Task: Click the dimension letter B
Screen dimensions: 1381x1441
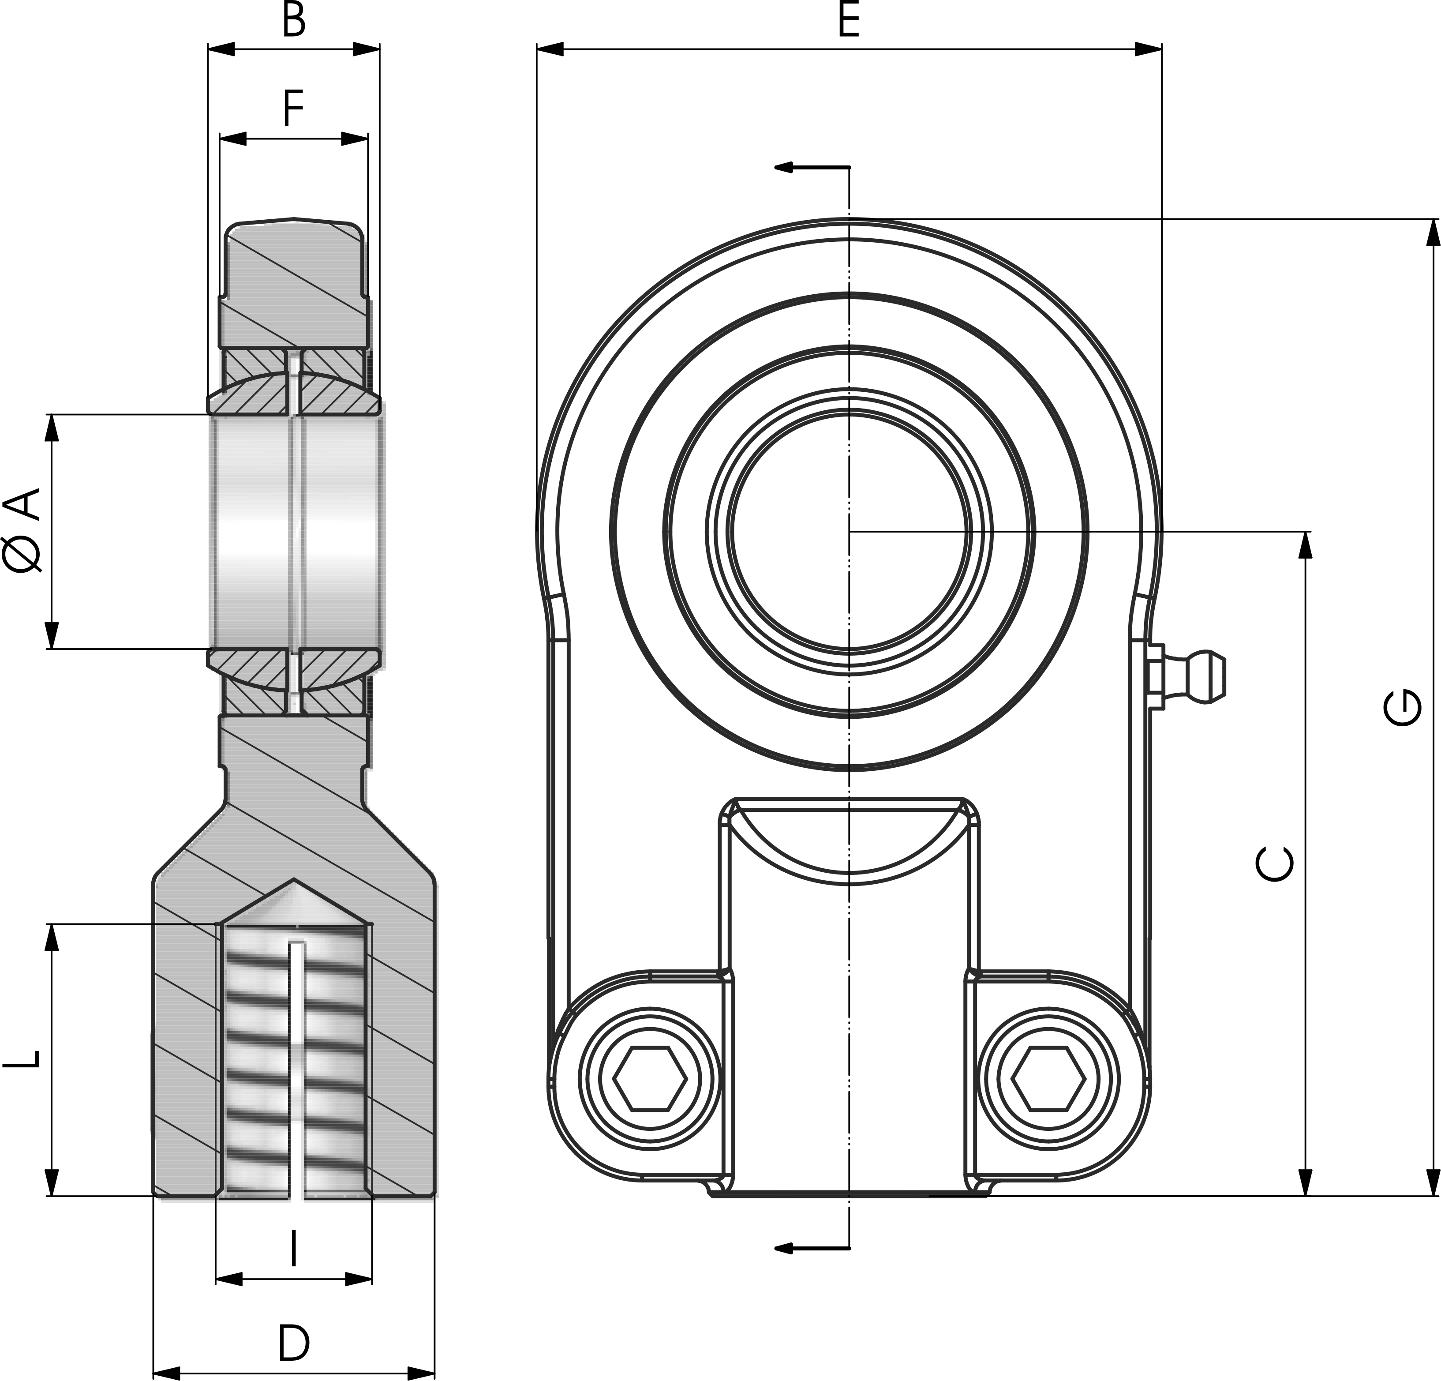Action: click(x=293, y=21)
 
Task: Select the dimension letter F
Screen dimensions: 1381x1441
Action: click(x=293, y=109)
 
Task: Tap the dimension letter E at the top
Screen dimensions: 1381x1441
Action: click(x=849, y=21)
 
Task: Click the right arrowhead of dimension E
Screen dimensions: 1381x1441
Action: click(x=1149, y=49)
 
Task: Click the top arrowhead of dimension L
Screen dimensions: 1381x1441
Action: click(x=52, y=938)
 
